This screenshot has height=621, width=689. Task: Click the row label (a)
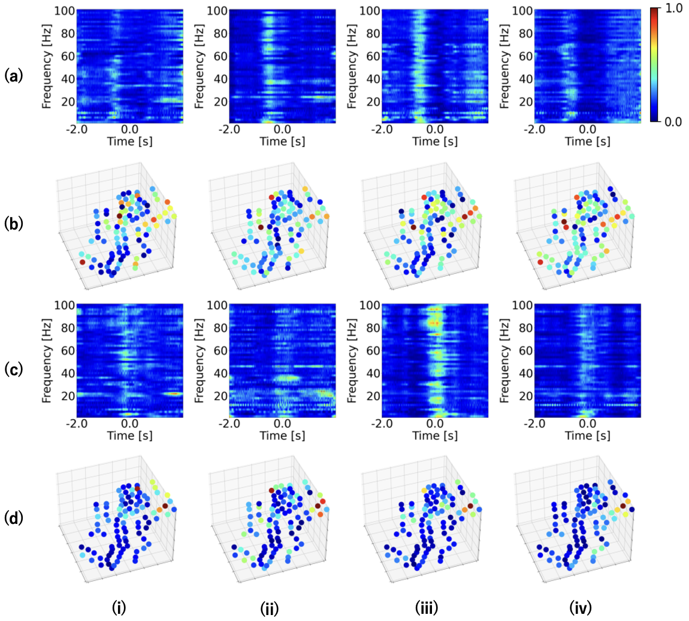point(13,76)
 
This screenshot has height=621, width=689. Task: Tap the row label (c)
point(13,369)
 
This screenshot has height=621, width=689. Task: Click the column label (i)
point(120,608)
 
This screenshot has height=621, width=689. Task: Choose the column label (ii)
point(271,608)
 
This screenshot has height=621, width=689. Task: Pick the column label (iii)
point(427,608)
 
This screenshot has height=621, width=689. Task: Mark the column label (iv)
point(580,608)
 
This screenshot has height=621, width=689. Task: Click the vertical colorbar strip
point(654,66)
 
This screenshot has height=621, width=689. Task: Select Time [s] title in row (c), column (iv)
point(588,436)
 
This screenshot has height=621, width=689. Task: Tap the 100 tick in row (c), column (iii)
point(370,305)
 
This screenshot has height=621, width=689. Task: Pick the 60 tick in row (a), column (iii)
point(373,56)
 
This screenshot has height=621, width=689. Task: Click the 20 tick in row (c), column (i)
point(67,395)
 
